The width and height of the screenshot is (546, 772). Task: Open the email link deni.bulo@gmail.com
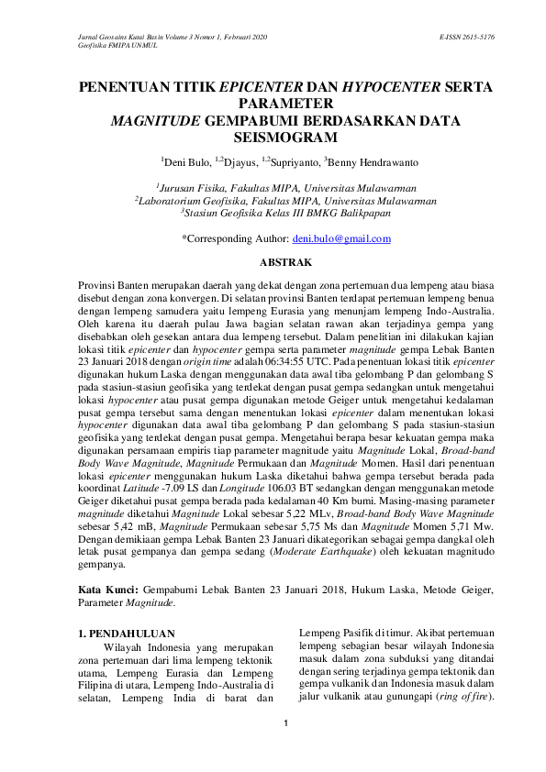[341, 238]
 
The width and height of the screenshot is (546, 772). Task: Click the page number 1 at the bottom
[285, 724]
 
